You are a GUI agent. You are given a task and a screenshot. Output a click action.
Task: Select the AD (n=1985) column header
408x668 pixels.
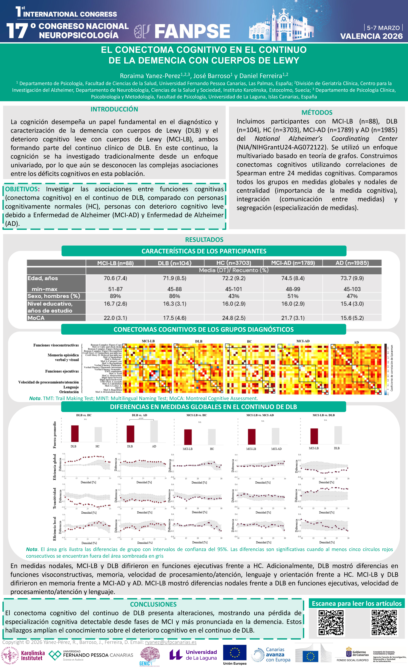352,263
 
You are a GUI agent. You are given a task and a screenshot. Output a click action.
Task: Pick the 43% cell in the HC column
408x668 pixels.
234,296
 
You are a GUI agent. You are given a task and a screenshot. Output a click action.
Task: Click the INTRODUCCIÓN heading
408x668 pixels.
114,109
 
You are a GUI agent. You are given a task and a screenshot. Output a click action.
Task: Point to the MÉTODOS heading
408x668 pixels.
317,113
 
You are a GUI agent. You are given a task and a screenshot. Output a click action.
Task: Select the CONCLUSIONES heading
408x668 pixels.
153,604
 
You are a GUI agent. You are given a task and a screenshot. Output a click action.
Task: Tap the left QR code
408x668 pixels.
331,623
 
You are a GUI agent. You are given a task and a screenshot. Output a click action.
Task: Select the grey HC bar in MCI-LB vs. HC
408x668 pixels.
212,437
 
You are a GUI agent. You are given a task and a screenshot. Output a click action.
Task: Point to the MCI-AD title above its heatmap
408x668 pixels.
303,341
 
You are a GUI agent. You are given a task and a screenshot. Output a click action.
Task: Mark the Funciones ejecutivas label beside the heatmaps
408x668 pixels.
62,371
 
